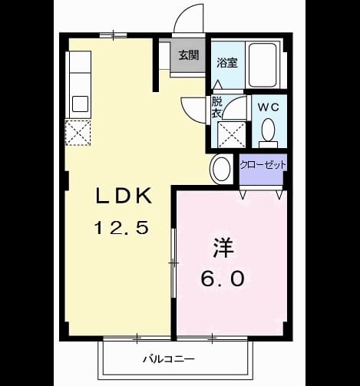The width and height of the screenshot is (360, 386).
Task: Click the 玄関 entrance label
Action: pyautogui.click(x=189, y=54)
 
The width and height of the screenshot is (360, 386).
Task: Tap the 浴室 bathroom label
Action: pyautogui.click(x=227, y=63)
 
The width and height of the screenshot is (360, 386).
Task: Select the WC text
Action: pyautogui.click(x=268, y=107)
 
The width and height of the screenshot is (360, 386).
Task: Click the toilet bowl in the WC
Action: pyautogui.click(x=268, y=130)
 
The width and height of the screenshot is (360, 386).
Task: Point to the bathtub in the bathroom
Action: pyautogui.click(x=263, y=65)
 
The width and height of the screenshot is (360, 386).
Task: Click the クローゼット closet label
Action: pyautogui.click(x=263, y=165)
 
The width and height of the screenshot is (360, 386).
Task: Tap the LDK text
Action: pyautogui.click(x=124, y=196)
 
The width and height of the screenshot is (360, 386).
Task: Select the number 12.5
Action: pyautogui.click(x=121, y=228)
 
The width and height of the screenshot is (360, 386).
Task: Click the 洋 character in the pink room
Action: pyautogui.click(x=223, y=248)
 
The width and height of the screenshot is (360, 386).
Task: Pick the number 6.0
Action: pyautogui.click(x=223, y=279)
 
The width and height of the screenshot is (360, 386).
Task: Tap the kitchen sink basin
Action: pyautogui.click(x=80, y=104)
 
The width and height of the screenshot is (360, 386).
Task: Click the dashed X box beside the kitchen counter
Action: pyautogui.click(x=78, y=133)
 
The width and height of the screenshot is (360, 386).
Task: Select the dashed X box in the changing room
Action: pyautogui.click(x=231, y=134)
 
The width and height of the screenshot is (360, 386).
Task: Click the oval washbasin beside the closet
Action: pyautogui.click(x=221, y=169)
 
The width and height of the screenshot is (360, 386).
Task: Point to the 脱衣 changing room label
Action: pyautogui.click(x=216, y=107)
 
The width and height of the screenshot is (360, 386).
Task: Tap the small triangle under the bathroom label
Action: pyautogui.click(x=218, y=84)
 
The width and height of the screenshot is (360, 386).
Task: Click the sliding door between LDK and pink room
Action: pyautogui.click(x=173, y=262)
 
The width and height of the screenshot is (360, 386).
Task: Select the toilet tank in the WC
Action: pyautogui.click(x=268, y=144)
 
